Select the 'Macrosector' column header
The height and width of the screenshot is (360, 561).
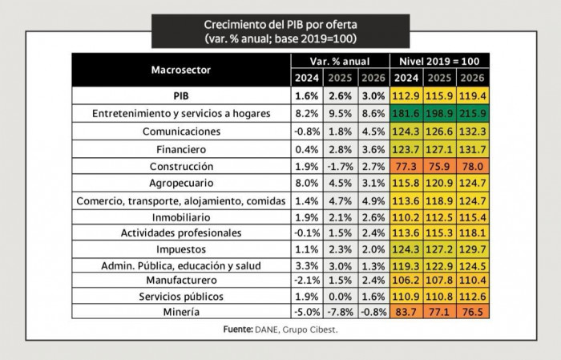point(181,70)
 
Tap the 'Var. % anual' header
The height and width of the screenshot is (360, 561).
point(339,62)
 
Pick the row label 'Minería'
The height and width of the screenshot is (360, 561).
point(181,311)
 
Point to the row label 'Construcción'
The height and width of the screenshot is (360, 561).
point(181,166)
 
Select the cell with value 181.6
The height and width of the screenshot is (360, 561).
point(406,114)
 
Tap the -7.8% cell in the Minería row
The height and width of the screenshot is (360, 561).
point(339,311)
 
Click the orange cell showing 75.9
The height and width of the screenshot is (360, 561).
point(439,166)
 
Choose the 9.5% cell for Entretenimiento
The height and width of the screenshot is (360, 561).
point(339,114)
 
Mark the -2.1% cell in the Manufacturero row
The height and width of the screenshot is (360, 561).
point(307,281)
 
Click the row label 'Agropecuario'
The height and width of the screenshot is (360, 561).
point(181,184)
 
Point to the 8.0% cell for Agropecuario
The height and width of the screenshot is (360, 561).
point(307,184)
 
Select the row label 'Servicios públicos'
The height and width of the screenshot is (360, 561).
point(181,296)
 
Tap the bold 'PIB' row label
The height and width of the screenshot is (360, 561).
point(181,96)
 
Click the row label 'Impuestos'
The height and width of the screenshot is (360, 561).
point(181,249)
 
